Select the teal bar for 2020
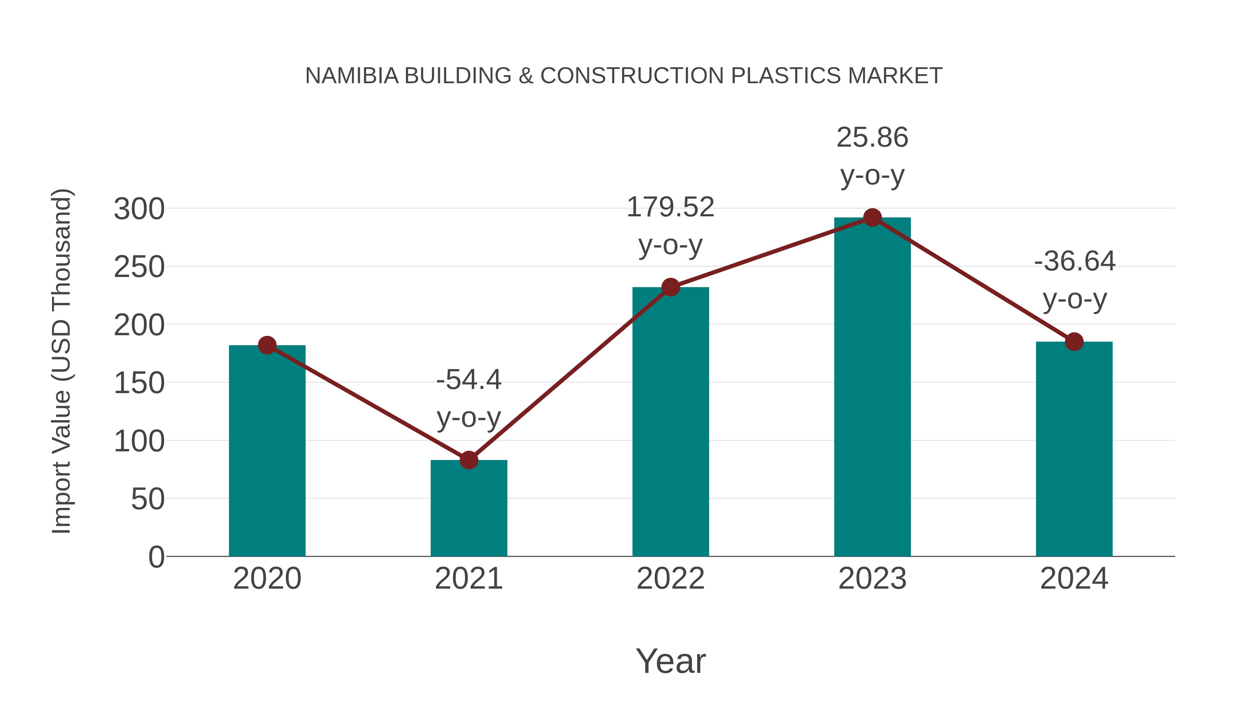point(267,451)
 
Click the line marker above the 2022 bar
point(670,287)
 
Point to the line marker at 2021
point(468,460)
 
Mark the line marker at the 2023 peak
point(872,217)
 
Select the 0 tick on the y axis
point(156,557)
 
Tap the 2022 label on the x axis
point(670,579)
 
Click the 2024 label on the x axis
point(1074,579)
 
